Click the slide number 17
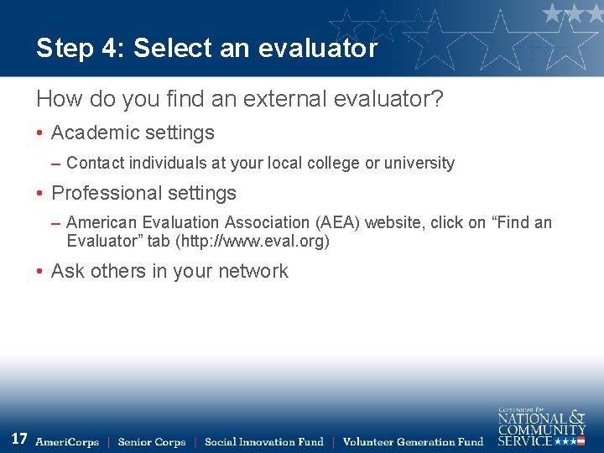click(x=19, y=439)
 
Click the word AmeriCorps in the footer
click(x=67, y=442)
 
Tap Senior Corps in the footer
click(x=152, y=442)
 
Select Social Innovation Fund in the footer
click(x=263, y=442)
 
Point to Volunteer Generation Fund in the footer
click(x=413, y=442)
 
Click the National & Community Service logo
click(x=541, y=426)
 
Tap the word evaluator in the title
click(x=318, y=49)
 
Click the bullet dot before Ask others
click(x=40, y=272)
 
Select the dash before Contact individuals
click(x=55, y=163)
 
